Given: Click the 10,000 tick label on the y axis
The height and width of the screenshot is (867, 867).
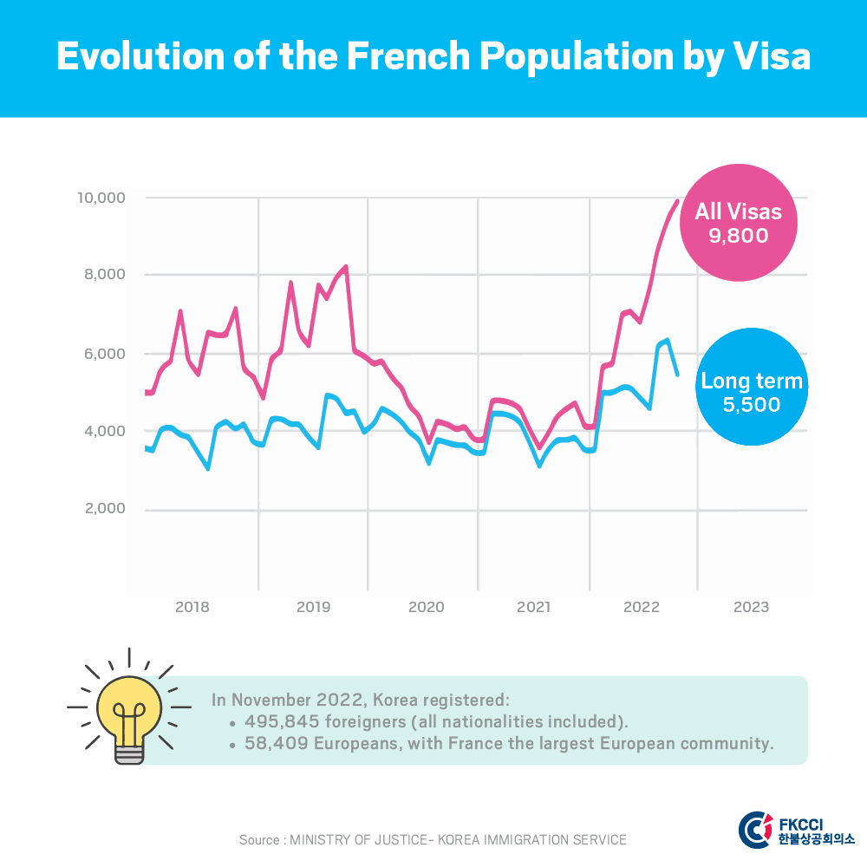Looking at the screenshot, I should click(x=102, y=198).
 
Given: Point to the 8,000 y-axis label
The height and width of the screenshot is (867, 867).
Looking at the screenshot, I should click(x=106, y=275).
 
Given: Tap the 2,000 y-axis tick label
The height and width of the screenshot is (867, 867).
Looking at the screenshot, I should click(x=106, y=509).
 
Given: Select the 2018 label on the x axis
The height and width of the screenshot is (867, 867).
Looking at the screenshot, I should click(x=192, y=607).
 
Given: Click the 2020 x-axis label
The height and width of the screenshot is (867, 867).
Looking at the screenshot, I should click(x=426, y=607).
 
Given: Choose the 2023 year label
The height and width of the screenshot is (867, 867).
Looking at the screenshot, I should click(x=751, y=607).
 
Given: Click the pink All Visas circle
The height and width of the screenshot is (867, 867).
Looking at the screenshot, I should click(x=738, y=221).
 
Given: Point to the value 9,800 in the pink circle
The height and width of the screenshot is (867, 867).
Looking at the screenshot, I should click(x=739, y=235).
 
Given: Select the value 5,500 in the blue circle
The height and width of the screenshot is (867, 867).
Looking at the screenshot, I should click(x=752, y=404).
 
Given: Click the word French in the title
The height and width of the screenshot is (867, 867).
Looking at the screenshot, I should click(x=405, y=57).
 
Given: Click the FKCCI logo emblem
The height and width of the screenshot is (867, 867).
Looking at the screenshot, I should click(x=753, y=828).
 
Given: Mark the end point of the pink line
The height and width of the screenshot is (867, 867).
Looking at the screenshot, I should click(x=677, y=201).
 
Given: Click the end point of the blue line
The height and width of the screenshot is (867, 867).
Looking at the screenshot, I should click(x=677, y=375).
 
